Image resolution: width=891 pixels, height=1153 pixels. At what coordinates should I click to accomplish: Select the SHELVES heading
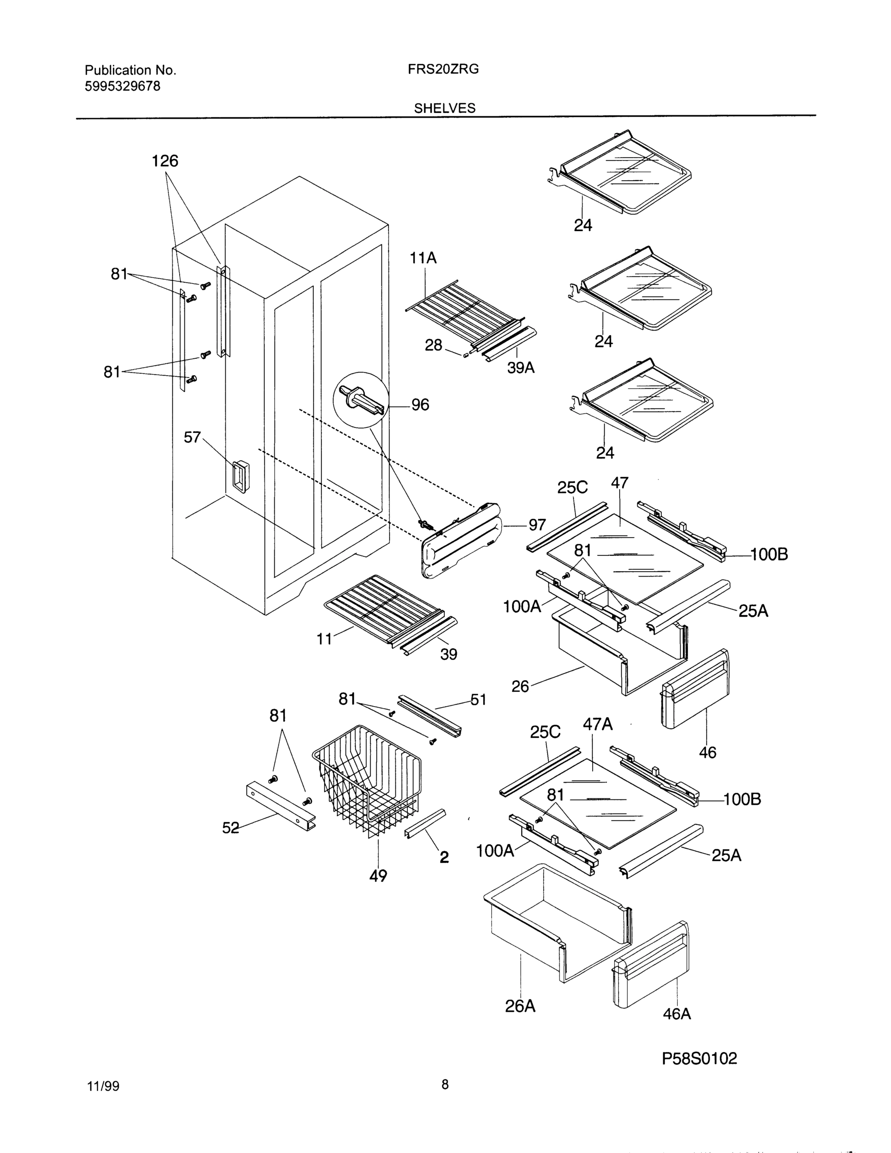(x=444, y=108)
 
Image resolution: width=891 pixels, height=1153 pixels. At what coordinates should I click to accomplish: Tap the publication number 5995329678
(x=122, y=86)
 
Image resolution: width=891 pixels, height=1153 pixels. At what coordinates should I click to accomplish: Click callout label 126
(x=165, y=161)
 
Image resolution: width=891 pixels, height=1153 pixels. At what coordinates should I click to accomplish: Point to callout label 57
(x=192, y=437)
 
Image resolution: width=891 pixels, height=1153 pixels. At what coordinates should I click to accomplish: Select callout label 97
(x=537, y=525)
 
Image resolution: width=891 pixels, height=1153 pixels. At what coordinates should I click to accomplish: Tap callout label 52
(x=231, y=828)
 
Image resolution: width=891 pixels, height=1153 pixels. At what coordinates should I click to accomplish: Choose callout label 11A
(x=423, y=258)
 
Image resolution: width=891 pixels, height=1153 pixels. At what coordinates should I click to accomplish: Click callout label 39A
(x=521, y=368)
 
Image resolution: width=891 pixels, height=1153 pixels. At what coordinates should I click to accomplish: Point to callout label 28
(x=433, y=345)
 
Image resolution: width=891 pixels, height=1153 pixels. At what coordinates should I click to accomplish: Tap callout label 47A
(x=598, y=724)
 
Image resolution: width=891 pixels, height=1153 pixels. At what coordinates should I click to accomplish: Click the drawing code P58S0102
(x=699, y=1058)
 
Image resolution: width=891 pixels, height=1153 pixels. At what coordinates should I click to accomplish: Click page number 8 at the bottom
(x=445, y=1084)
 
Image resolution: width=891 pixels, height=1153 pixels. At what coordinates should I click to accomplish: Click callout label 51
(x=478, y=699)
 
